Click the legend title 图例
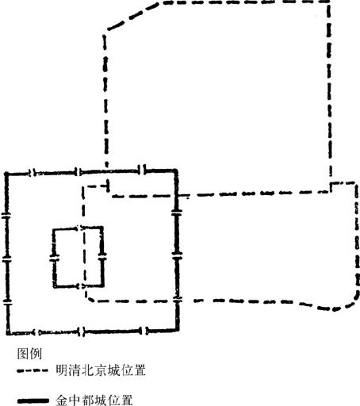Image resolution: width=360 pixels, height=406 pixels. pyautogui.click(x=29, y=354)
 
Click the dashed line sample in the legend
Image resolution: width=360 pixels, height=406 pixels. pyautogui.click(x=33, y=370)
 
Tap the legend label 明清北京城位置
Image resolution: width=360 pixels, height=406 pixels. pyautogui.click(x=101, y=370)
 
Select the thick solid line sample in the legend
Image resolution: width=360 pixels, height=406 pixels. pyautogui.click(x=33, y=401)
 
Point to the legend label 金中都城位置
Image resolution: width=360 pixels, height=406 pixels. pyautogui.click(x=94, y=400)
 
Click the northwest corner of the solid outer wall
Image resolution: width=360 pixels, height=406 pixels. pyautogui.click(x=6, y=174)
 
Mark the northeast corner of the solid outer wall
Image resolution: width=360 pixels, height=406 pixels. pyautogui.click(x=176, y=170)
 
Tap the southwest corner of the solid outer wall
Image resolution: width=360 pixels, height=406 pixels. pyautogui.click(x=9, y=333)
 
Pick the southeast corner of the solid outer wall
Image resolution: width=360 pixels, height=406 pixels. pyautogui.click(x=178, y=329)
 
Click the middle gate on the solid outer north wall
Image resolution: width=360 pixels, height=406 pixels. pyautogui.click(x=78, y=172)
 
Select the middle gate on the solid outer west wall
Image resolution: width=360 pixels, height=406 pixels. pyautogui.click(x=6, y=261)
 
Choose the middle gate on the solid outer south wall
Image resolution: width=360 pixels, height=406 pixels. pyautogui.click(x=82, y=331)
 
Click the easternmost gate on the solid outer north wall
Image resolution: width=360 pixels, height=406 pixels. pyautogui.click(x=143, y=170)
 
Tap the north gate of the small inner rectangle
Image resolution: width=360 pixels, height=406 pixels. pyautogui.click(x=80, y=228)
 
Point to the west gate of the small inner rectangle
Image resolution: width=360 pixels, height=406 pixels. pyautogui.click(x=54, y=259)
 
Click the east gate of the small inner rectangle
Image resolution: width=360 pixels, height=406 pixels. pyautogui.click(x=102, y=256)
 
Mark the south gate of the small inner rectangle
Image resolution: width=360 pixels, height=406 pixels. pyautogui.click(x=80, y=286)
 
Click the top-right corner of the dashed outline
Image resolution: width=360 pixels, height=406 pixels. pyautogui.click(x=328, y=2)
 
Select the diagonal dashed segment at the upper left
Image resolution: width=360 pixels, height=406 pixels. pyautogui.click(x=133, y=15)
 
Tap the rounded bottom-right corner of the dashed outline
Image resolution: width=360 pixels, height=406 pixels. pyautogui.click(x=350, y=302)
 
